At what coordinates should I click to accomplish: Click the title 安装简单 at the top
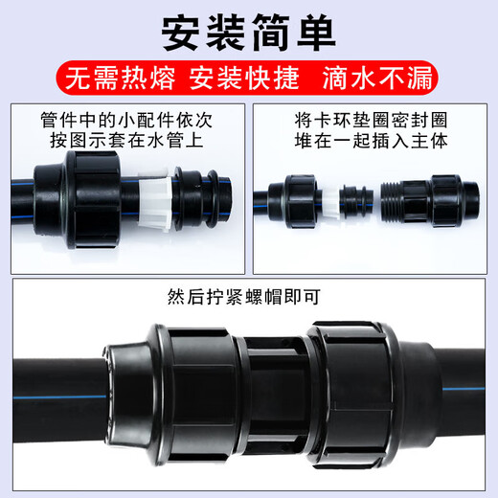[x=249, y=33]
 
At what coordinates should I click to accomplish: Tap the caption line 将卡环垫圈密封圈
[x=374, y=122]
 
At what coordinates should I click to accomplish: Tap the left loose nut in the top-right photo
[x=298, y=202]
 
